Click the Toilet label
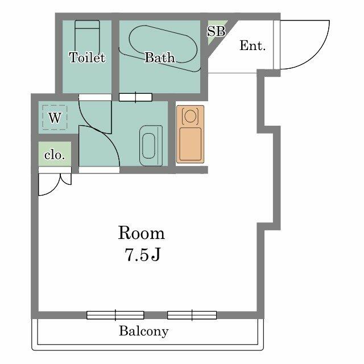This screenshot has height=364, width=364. coord(87,57)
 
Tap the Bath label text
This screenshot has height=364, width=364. coord(159,57)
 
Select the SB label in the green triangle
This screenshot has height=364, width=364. coord(216,32)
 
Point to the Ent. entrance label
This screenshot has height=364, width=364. coord(253,46)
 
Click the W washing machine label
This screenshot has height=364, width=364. coord(55,118)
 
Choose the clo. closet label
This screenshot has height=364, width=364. coord(55,155)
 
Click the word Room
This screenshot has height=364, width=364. coord(142,233)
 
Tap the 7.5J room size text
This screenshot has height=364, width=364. coord(142,255)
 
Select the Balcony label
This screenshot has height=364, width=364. coord(144,331)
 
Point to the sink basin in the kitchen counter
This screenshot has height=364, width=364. coord(191,117)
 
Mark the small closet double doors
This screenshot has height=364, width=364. coord(55,183)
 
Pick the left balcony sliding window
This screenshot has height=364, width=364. coord(115,315)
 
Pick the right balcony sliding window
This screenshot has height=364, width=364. coord(192,315)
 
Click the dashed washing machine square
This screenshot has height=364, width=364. coord(55,118)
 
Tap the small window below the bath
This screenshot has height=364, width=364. coord(135,97)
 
